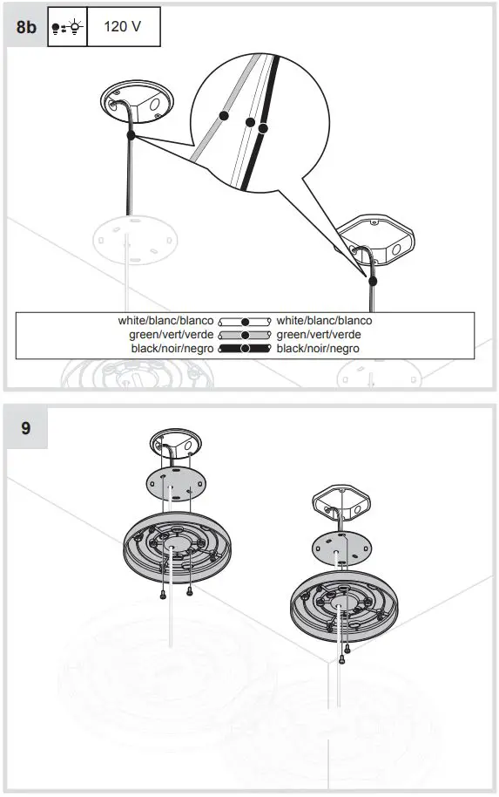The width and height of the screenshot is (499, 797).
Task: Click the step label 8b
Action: [26, 26]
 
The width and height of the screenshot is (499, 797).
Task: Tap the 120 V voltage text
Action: [122, 26]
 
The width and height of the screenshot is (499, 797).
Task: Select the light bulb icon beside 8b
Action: [66, 26]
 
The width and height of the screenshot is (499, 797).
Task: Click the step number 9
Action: [26, 429]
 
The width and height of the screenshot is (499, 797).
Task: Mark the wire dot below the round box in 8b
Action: [130, 135]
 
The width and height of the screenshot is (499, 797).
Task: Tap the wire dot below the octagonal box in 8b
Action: [374, 282]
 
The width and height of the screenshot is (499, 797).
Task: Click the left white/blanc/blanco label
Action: [165, 321]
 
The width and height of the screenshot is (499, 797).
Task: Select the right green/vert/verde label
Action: [319, 335]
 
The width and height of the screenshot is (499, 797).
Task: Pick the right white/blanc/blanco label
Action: [324, 321]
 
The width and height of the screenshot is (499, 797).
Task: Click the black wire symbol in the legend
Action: [245, 349]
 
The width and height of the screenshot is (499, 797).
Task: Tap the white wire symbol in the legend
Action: [245, 321]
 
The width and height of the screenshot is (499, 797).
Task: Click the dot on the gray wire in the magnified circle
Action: [224, 115]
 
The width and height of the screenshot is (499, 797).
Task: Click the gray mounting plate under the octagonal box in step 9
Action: [339, 548]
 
